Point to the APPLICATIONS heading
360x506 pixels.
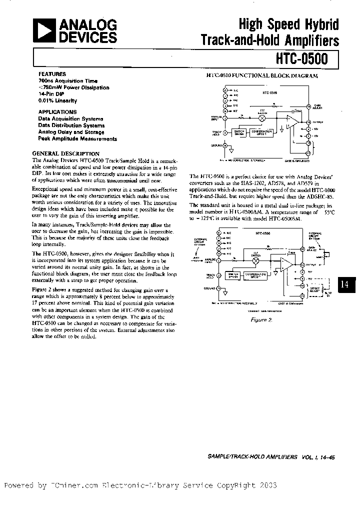click(57, 112)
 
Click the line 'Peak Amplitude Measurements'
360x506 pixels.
click(77, 138)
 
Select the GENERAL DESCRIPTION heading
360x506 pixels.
click(66, 153)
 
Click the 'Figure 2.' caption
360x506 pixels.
click(261, 320)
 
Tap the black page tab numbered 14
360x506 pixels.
click(345, 284)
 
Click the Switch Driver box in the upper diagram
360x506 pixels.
click(239, 132)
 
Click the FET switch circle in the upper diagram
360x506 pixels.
click(260, 117)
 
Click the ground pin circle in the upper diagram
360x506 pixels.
click(225, 145)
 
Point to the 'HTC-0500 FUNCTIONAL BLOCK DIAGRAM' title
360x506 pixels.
click(262, 75)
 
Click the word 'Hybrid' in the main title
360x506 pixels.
click(317, 24)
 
